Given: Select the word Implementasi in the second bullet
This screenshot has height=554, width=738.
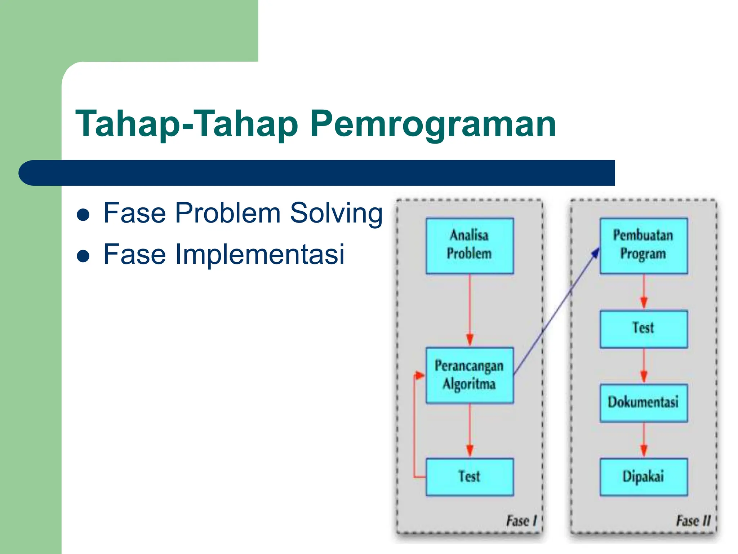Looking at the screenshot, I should pos(259,254).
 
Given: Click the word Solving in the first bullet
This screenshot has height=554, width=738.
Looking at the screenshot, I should pos(336,214).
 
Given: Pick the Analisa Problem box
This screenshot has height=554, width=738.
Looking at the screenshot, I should pos(470,246).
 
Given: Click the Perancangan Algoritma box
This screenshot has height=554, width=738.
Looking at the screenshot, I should pos(470,375).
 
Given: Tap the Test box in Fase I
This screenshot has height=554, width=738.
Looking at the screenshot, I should pos(470,477).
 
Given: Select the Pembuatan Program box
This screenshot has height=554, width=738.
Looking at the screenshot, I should pos(644,246).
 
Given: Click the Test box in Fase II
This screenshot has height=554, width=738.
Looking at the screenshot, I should pos(644,329).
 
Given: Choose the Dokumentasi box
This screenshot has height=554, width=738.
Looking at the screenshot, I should pos(644,403).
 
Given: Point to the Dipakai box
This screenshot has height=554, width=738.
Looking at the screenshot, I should pos(644,477).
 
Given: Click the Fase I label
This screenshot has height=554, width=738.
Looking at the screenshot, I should pos(521,521).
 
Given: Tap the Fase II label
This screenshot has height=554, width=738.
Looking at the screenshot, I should pos(693,521).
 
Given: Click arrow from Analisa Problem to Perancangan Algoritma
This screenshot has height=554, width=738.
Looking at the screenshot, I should pos(470,310).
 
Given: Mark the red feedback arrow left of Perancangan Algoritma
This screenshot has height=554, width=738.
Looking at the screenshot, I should pos(414,426).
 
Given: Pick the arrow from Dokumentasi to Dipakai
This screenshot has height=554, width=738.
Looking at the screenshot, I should pos(644,440).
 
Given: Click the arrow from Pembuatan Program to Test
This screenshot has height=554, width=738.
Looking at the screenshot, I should pos(644,292).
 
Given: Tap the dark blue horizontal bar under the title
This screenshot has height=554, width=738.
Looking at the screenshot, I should pos(317,173).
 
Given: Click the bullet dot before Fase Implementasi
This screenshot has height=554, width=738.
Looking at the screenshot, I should pos(83,256).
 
